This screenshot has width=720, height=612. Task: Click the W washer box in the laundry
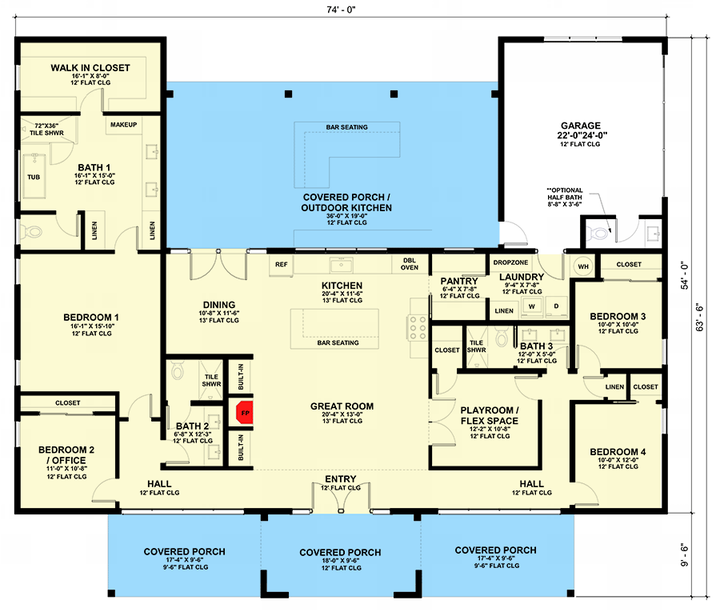(x=530, y=306)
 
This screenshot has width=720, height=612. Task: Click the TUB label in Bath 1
(x=34, y=177)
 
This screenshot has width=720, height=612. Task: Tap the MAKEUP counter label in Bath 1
(x=123, y=125)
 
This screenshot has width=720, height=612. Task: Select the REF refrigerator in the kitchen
(x=282, y=264)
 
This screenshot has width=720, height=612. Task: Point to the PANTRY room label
(x=459, y=282)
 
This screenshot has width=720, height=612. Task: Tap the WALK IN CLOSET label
(x=85, y=67)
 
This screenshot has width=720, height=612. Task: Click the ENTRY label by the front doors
(x=340, y=479)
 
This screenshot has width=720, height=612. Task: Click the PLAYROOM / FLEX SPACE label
(x=489, y=415)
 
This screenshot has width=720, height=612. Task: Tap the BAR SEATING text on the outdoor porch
(x=346, y=127)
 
